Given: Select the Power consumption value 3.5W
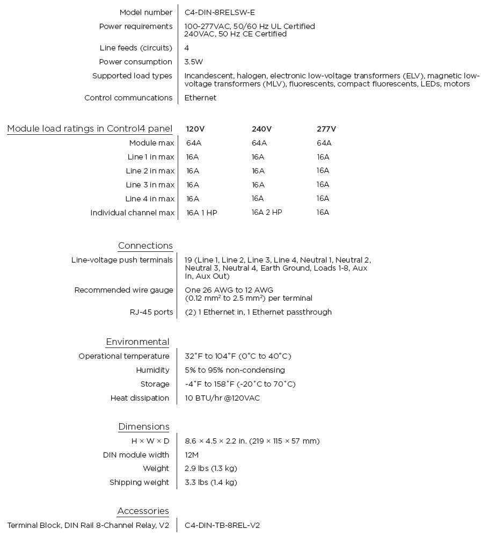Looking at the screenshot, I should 193,62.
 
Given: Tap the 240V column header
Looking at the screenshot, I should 261,129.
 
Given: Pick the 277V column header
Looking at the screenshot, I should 326,129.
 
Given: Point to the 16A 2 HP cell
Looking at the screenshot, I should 267,212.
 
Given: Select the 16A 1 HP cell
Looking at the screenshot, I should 202,213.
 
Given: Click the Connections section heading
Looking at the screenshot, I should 145,246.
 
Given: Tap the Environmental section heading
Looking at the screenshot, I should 137,342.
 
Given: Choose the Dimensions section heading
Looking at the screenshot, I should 144,427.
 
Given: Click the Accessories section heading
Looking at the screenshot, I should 143,511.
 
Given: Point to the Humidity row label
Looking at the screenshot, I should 152,370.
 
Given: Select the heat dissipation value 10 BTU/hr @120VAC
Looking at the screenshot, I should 222,398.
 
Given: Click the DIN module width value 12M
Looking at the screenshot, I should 192,455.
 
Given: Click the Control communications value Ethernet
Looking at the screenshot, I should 200,98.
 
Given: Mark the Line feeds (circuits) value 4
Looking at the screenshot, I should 187,48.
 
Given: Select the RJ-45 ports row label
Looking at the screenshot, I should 151,312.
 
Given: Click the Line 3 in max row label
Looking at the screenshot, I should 150,185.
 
